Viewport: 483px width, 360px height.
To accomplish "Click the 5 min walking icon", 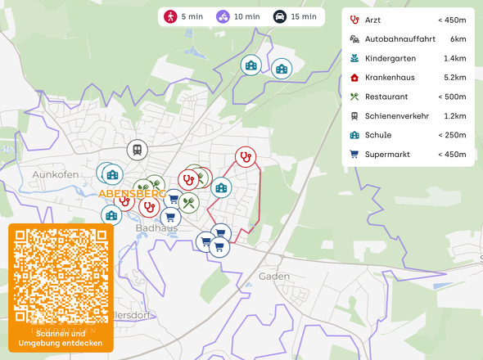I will point(170,16).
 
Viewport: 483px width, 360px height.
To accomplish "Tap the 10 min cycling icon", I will point(223,16).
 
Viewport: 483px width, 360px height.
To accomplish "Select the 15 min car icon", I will point(279,16).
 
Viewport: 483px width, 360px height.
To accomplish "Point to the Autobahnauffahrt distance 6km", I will point(458,39).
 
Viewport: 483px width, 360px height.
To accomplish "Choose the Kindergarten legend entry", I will point(391,58).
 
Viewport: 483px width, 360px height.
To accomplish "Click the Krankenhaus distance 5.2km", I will point(454,78).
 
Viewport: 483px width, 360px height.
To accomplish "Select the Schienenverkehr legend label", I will point(397,116).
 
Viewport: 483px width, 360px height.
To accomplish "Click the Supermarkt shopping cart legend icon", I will point(354,154).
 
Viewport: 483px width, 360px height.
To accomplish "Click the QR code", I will point(61,275).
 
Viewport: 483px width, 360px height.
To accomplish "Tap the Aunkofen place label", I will point(55,175).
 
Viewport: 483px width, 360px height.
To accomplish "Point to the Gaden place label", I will point(273,277).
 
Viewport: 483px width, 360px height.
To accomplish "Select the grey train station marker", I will point(137,150).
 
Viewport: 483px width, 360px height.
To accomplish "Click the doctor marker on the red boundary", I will point(245,156).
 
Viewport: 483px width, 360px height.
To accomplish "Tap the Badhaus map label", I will point(156,228).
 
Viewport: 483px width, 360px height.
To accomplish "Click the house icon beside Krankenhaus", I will point(354,78).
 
